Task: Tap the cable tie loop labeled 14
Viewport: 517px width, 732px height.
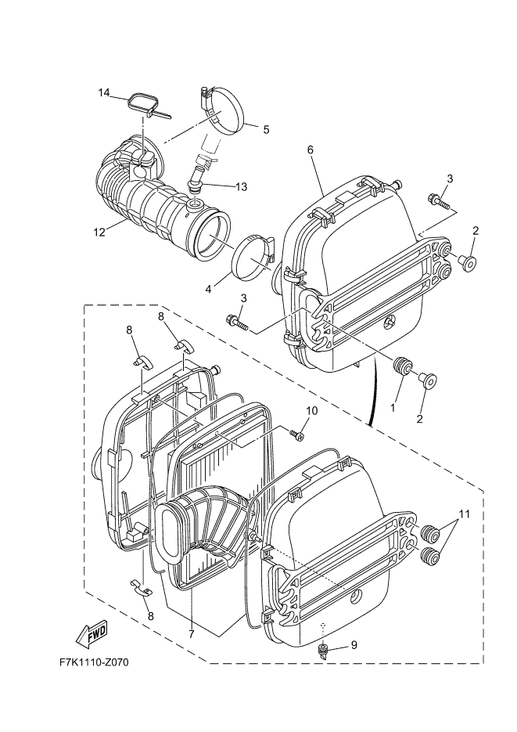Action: [145, 103]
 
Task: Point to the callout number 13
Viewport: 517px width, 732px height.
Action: [241, 187]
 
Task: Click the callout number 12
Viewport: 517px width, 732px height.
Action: [99, 232]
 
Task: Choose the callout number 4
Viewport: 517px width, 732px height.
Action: [209, 288]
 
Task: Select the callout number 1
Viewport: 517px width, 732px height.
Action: [393, 407]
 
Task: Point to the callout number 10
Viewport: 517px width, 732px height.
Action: [311, 410]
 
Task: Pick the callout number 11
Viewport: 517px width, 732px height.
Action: [465, 515]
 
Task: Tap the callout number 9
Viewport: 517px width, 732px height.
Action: [354, 645]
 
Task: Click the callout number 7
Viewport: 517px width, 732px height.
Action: [192, 634]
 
